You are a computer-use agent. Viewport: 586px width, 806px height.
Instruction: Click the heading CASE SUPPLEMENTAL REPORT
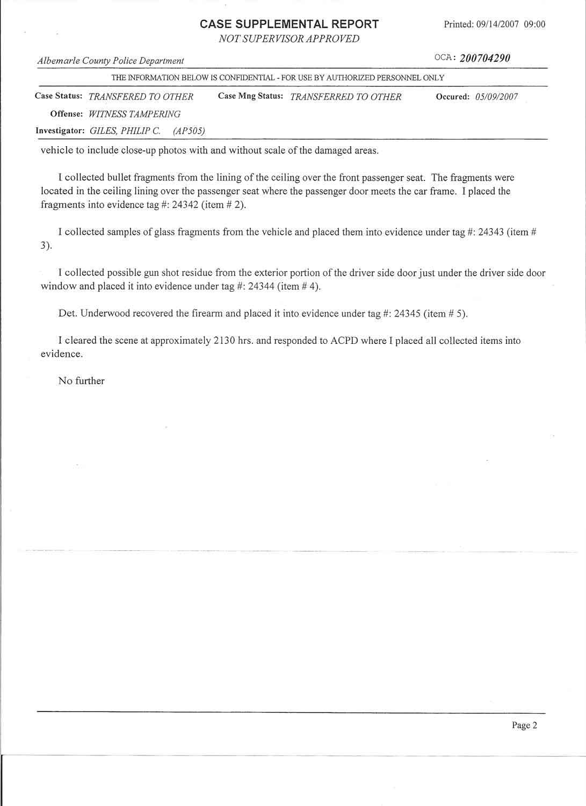click(289, 24)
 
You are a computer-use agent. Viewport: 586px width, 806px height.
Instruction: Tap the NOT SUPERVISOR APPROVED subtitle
click(289, 39)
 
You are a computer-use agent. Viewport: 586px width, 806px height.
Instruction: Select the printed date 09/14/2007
click(497, 24)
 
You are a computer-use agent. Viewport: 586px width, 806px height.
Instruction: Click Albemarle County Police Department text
click(111, 61)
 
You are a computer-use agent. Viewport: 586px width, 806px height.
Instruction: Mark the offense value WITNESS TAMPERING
click(134, 114)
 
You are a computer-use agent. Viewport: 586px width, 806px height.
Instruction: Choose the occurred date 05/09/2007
click(496, 97)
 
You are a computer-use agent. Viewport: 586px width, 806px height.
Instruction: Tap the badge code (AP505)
click(189, 131)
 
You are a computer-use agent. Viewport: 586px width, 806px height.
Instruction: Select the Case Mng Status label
click(250, 96)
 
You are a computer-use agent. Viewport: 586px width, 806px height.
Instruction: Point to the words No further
click(81, 381)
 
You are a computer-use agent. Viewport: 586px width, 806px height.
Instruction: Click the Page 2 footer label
click(524, 725)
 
